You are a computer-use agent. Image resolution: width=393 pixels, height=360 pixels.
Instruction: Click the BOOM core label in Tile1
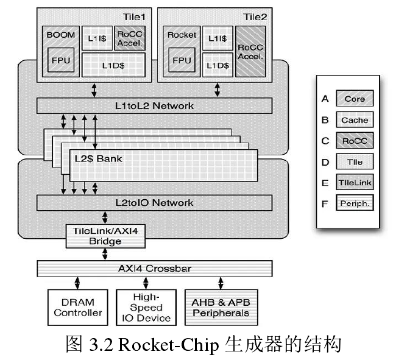tap(61, 35)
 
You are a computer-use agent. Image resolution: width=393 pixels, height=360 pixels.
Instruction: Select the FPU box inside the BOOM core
tap(61, 60)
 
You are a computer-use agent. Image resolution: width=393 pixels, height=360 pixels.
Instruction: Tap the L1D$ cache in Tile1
tap(112, 65)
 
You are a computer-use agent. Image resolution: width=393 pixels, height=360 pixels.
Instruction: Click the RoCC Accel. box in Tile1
tap(129, 38)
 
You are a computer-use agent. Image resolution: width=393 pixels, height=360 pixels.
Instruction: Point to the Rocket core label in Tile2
tap(182, 35)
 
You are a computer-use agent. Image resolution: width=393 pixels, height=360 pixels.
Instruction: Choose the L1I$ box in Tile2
tap(218, 38)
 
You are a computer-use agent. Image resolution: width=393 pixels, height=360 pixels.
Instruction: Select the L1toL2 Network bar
tap(154, 105)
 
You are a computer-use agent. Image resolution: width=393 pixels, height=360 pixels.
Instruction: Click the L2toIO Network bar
tap(154, 202)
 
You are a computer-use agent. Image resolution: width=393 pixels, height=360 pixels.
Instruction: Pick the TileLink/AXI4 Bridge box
tap(105, 236)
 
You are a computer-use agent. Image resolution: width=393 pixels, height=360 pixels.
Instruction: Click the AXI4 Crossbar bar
tap(154, 267)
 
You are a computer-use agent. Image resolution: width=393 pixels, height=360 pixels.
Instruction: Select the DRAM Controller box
tap(77, 308)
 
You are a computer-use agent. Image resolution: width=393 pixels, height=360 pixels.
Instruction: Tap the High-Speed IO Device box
tap(146, 308)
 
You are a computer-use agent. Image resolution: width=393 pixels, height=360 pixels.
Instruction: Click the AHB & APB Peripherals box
tap(220, 308)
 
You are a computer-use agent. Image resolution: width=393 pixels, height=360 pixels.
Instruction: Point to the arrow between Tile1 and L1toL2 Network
tap(93, 90)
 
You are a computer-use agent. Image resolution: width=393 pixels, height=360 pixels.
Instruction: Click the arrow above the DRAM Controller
tap(77, 283)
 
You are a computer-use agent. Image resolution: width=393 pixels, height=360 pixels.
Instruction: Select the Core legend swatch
tap(354, 99)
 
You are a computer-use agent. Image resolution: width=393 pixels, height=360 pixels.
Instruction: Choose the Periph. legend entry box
tap(354, 203)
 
